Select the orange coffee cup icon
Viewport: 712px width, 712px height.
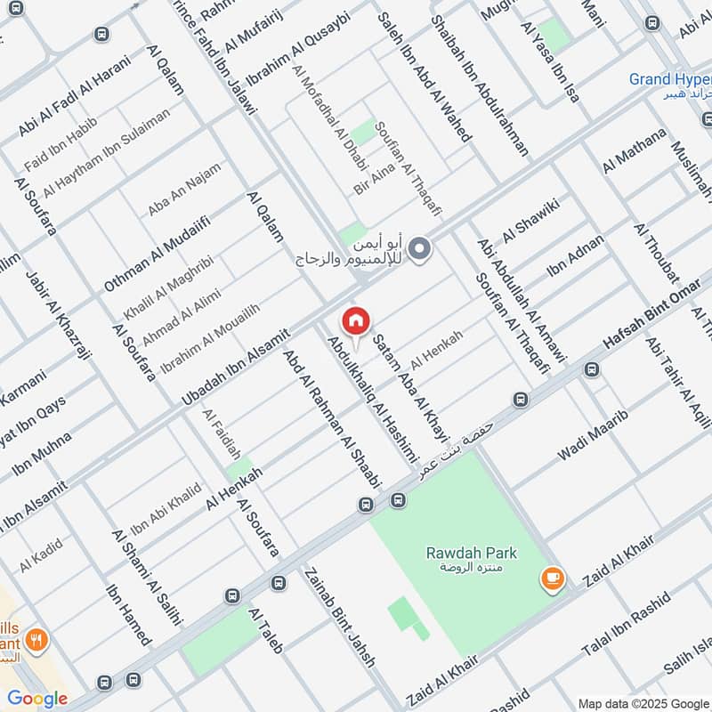(552, 579)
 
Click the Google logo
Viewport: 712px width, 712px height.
(36, 699)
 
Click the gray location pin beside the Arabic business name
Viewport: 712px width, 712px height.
(421, 249)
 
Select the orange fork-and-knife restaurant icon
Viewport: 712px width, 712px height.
(36, 639)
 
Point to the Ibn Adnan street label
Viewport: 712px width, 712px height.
(575, 255)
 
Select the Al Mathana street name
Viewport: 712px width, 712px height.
(634, 150)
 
